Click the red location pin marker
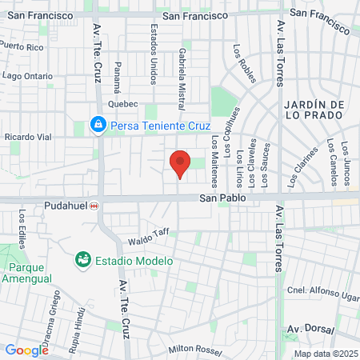click(180, 163)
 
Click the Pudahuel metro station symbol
click(94, 206)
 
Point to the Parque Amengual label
click(30, 273)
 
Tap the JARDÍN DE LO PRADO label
click(314, 115)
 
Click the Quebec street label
click(123, 104)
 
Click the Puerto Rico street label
click(22, 46)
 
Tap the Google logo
click(26, 350)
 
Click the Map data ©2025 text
click(325, 354)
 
